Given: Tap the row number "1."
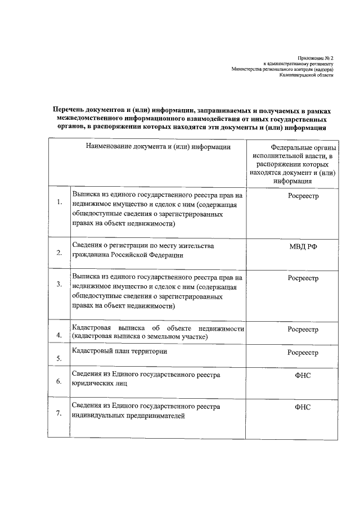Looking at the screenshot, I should (58, 201).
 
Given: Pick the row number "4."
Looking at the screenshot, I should (58, 336).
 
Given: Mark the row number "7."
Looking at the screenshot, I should (58, 413).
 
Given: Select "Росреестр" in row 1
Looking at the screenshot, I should (303, 196).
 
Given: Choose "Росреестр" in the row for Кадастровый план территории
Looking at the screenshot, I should (303, 353).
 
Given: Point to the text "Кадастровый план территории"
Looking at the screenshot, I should (120, 351).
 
